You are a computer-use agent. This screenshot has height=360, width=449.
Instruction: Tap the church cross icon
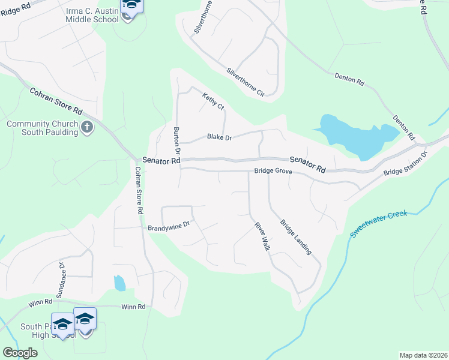click(x=87, y=127)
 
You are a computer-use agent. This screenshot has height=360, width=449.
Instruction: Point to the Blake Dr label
click(x=219, y=137)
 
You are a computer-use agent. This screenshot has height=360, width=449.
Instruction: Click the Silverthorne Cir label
click(x=245, y=82)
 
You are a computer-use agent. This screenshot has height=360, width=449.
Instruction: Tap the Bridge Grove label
click(x=273, y=172)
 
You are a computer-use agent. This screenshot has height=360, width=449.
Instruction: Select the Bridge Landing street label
click(x=296, y=236)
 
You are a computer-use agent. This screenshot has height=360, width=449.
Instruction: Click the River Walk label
click(x=262, y=236)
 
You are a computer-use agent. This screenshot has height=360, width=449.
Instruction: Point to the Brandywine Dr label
click(x=169, y=227)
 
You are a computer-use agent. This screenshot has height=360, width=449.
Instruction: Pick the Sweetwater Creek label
click(x=379, y=224)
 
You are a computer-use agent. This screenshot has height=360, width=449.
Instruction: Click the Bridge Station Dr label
click(x=405, y=164)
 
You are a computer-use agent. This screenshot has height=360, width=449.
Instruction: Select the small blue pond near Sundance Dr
click(x=119, y=282)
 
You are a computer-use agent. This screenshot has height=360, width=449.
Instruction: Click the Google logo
click(x=20, y=353)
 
